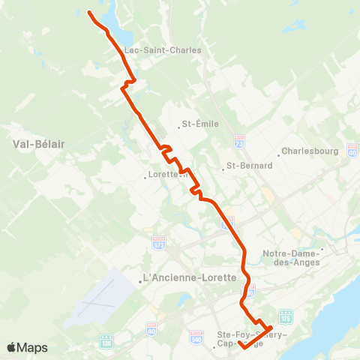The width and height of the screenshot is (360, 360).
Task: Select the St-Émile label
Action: (200, 124)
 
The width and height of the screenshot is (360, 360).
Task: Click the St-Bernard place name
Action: (249, 166)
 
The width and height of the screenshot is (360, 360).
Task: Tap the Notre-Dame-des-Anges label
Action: (291, 257)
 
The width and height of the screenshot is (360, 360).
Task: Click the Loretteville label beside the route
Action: (163, 178)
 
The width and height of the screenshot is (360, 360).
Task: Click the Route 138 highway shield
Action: (105, 340)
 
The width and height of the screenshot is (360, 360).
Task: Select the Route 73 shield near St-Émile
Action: (239, 140)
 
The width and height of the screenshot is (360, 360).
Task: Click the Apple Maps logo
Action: (28, 347)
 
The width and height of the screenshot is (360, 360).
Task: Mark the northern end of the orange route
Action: (89, 12)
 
